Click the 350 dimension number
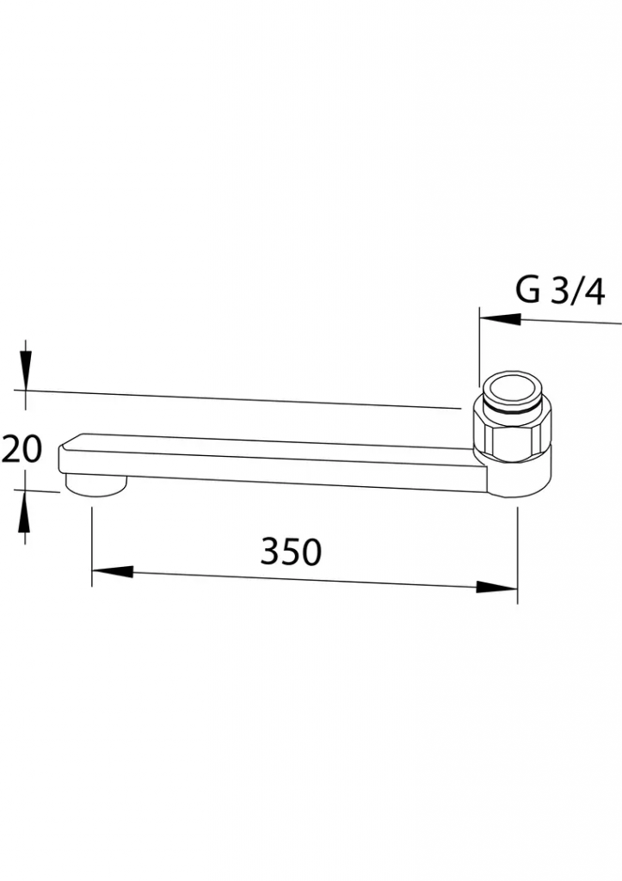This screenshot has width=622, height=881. [291, 551]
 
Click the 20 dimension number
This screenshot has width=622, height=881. [22, 448]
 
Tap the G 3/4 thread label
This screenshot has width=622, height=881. [560, 291]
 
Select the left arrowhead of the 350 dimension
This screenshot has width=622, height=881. [113, 571]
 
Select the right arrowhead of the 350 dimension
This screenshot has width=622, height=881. [496, 587]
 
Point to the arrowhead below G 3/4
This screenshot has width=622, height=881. [500, 318]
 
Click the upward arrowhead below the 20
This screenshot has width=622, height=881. [24, 510]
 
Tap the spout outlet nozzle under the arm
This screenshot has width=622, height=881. [96, 485]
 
